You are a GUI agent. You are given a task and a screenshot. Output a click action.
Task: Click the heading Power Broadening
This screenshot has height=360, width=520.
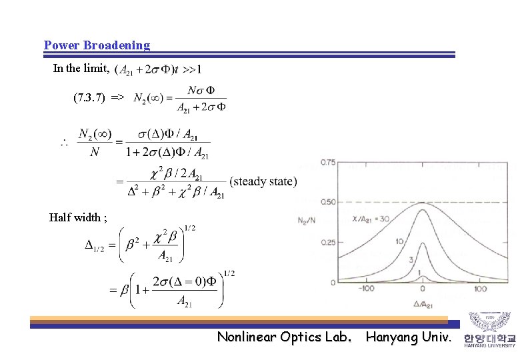(x=97, y=45)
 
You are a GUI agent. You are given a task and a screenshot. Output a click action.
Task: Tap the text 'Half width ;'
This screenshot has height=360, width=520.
(x=77, y=217)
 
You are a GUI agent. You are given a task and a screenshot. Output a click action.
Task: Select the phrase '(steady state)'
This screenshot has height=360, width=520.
(x=263, y=181)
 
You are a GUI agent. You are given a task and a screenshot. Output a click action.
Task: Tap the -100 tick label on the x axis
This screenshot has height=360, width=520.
(x=365, y=289)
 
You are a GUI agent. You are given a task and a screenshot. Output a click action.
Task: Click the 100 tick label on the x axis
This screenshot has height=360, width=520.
(x=480, y=289)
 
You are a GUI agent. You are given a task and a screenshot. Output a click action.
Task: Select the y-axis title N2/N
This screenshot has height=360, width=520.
(x=307, y=222)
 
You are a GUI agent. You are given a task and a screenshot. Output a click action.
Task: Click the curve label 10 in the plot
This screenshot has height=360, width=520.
(x=399, y=241)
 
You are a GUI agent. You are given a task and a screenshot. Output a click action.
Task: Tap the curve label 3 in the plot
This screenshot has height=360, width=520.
(x=412, y=259)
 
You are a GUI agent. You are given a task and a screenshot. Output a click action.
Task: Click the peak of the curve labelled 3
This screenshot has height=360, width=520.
(x=423, y=255)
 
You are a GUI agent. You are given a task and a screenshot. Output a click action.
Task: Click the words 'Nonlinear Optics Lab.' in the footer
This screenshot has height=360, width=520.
(x=285, y=337)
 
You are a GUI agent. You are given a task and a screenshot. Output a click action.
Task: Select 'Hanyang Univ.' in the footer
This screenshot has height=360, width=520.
(x=408, y=337)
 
